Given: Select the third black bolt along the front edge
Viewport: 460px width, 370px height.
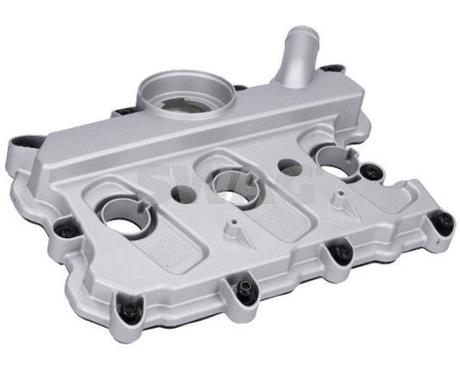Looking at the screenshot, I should [x=338, y=255].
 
